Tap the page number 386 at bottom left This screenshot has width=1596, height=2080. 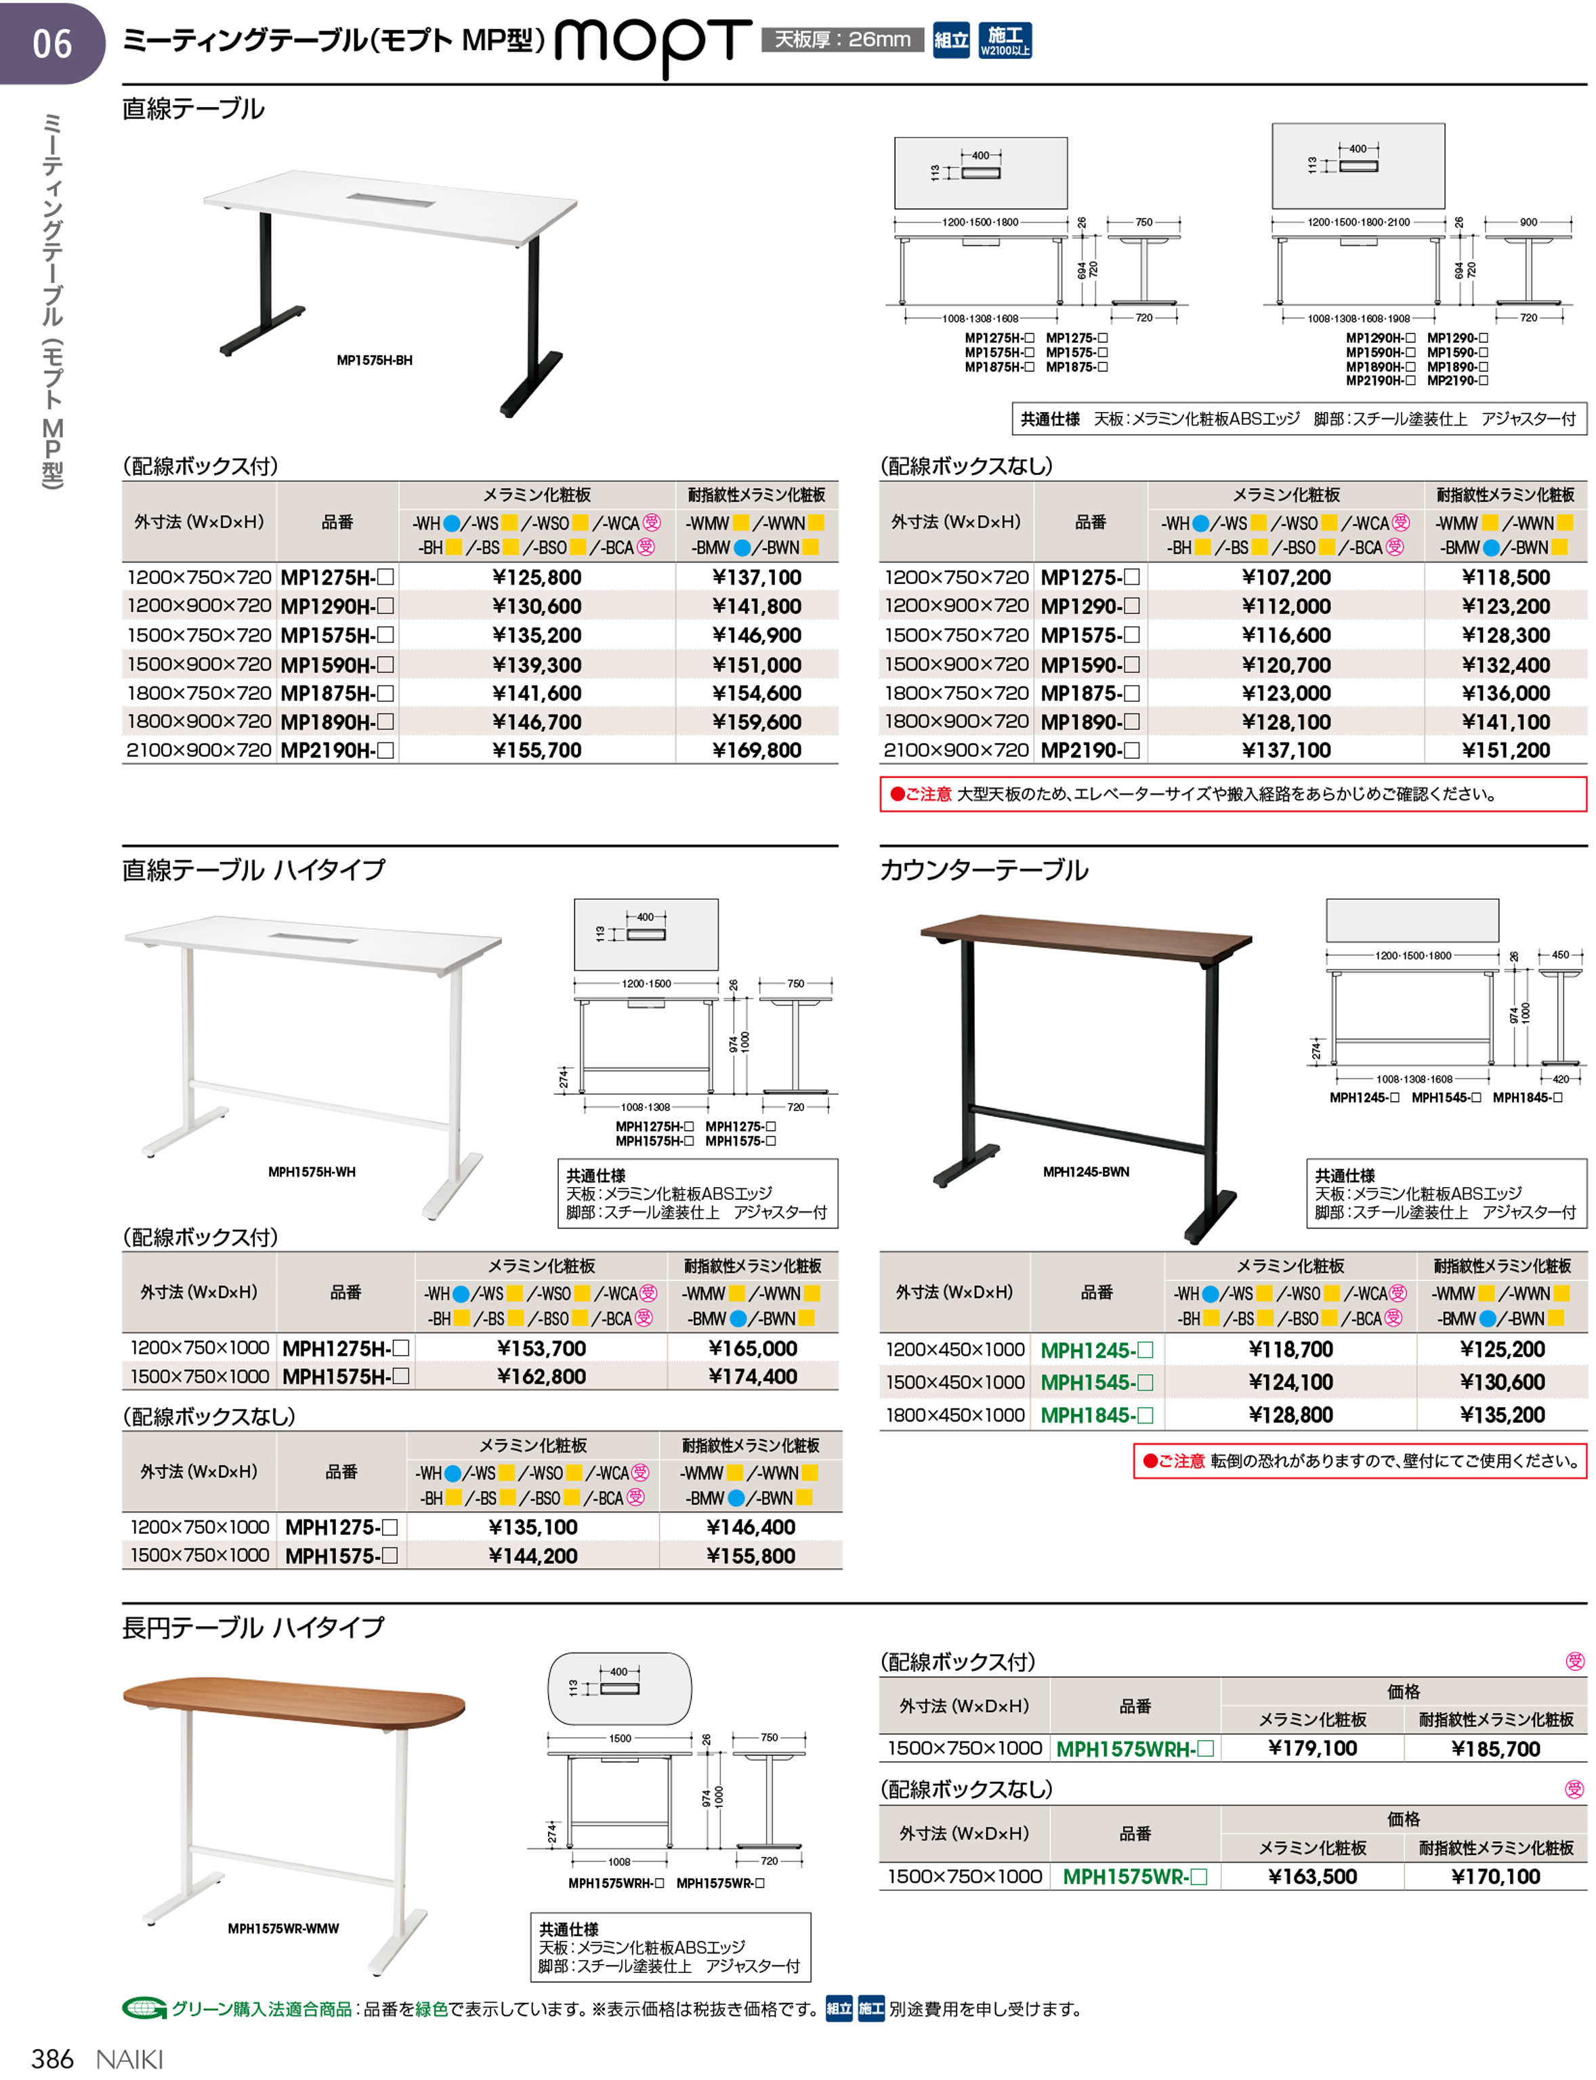(x=52, y=2058)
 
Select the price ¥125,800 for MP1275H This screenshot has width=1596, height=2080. (x=537, y=577)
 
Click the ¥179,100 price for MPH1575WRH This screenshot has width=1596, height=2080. (x=1312, y=1749)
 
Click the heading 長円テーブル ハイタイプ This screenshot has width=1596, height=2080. (x=253, y=1627)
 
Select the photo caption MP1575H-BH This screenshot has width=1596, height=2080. (x=375, y=360)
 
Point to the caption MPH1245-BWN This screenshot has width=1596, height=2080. (x=1086, y=1171)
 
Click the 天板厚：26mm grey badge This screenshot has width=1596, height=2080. (x=842, y=40)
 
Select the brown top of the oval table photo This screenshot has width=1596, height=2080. (x=295, y=1700)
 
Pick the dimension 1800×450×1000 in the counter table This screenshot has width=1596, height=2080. (x=954, y=1415)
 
